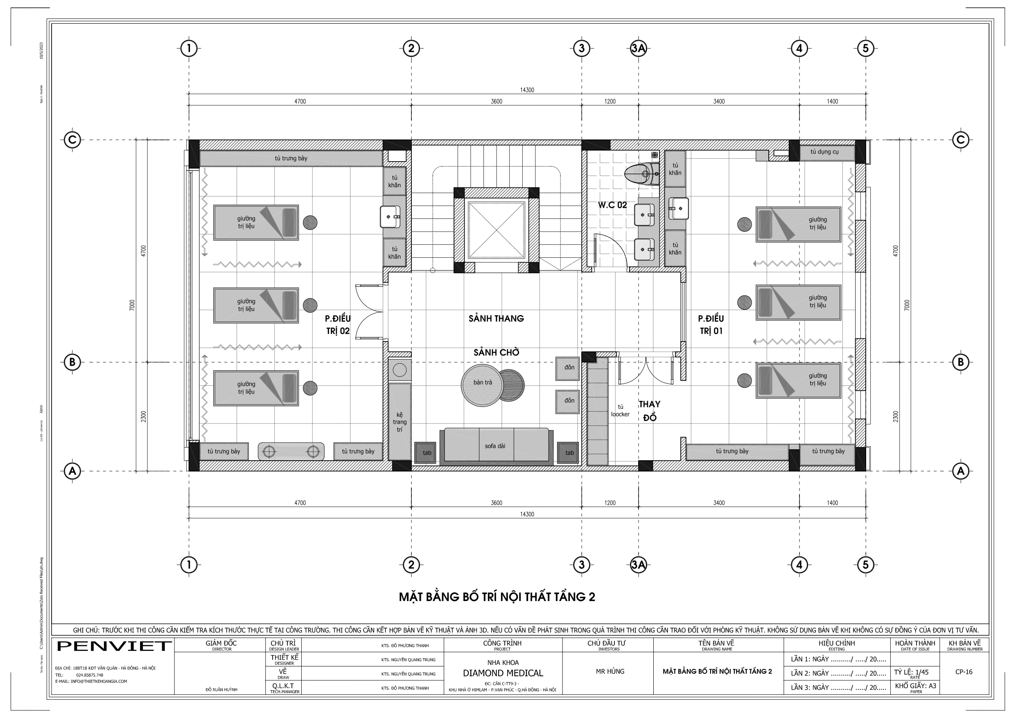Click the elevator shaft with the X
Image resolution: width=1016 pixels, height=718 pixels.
point(497,230)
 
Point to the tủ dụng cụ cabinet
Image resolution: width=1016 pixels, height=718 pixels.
point(824,152)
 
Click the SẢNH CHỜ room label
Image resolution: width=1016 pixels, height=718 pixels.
point(496,353)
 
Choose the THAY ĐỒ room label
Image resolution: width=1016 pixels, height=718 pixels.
point(649,410)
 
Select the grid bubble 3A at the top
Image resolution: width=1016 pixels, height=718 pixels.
point(638,48)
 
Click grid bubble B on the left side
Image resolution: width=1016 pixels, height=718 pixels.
point(72,362)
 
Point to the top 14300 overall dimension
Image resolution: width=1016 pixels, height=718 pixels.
point(526,90)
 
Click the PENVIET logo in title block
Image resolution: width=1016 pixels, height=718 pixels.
point(114,646)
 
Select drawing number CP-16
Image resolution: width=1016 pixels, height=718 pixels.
point(964,671)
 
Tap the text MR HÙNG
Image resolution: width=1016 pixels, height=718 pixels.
point(610,671)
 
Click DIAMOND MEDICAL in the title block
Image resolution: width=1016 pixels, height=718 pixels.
point(503,673)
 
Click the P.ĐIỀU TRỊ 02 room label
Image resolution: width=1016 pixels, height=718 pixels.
point(338,324)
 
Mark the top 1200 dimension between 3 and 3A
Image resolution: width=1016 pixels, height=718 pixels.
point(610,101)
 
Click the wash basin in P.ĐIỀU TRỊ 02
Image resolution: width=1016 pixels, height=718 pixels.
point(390,217)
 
